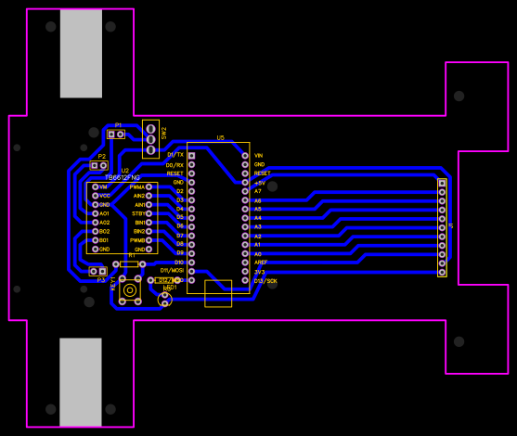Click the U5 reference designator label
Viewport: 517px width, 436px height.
click(220, 138)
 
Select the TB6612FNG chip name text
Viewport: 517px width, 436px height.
click(123, 177)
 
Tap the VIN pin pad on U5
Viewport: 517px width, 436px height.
click(245, 156)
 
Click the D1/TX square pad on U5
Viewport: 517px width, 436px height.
click(191, 156)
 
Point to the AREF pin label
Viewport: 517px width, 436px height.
click(261, 263)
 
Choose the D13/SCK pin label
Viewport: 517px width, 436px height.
click(265, 280)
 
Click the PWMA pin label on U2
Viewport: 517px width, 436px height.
click(136, 187)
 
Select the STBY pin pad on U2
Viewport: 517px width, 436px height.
click(149, 213)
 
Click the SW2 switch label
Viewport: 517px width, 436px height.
click(164, 133)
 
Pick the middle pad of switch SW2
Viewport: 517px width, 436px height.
click(150, 139)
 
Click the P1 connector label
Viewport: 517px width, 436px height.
click(118, 125)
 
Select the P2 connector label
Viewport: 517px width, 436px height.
click(101, 157)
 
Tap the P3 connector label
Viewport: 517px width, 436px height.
click(101, 278)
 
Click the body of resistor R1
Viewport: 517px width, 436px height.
click(129, 264)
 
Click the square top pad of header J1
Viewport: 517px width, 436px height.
click(442, 184)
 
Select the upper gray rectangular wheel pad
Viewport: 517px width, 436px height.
click(81, 54)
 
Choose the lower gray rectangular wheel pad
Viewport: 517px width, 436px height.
click(81, 382)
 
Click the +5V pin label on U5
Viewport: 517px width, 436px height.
click(260, 183)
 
